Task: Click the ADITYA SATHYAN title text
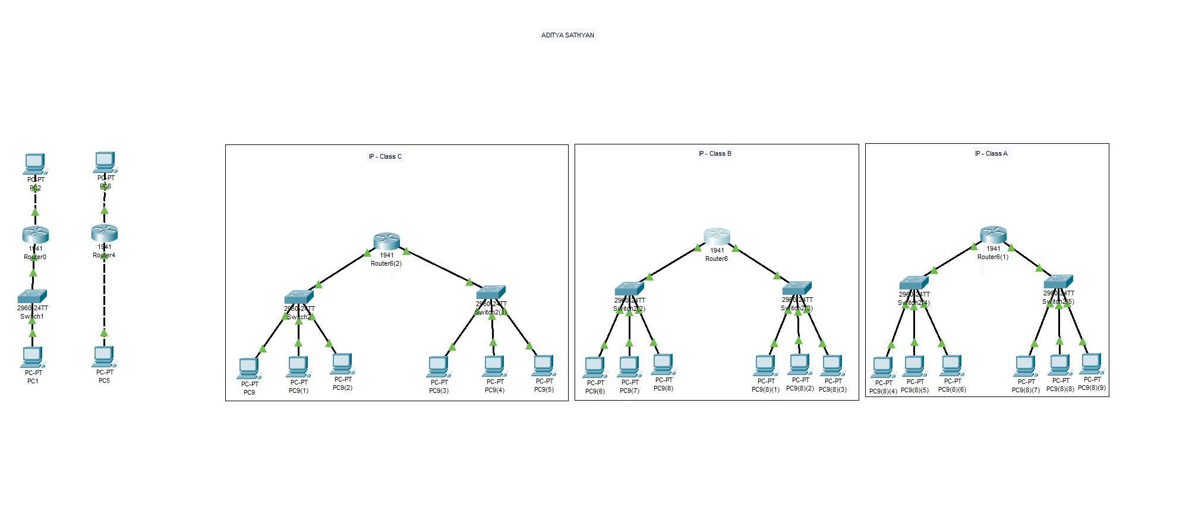(x=567, y=35)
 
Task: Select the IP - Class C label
(x=385, y=157)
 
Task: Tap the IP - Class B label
(x=715, y=153)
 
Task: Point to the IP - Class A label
(x=991, y=153)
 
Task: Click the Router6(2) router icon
(x=386, y=241)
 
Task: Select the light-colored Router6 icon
(x=717, y=236)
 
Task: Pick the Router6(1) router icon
(x=993, y=234)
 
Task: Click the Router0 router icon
(x=35, y=235)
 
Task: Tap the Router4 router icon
(x=105, y=232)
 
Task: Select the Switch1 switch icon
(x=32, y=296)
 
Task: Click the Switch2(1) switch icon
(x=491, y=292)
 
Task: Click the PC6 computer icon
(x=105, y=162)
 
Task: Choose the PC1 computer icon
(x=33, y=357)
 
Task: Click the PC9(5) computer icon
(x=543, y=366)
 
